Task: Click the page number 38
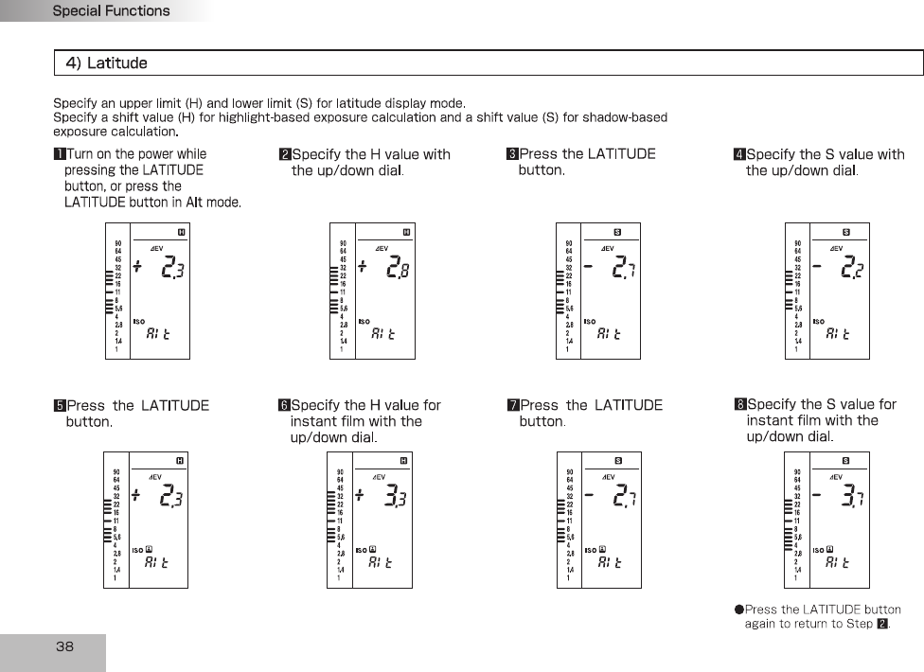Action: (64, 647)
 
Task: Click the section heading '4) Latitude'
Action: (106, 63)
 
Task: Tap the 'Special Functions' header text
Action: (111, 11)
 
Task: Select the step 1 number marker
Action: (59, 154)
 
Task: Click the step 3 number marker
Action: (512, 154)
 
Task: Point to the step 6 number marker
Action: (284, 405)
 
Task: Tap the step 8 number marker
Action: (740, 405)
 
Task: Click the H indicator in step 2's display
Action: (405, 232)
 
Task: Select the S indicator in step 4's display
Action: (845, 232)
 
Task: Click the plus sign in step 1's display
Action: (137, 267)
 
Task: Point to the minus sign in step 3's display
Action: (589, 267)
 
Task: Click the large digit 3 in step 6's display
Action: (390, 496)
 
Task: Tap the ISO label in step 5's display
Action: (137, 549)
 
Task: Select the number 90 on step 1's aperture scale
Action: (116, 243)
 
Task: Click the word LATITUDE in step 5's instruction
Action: (174, 406)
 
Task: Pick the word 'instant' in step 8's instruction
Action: (771, 420)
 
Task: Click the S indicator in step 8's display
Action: (845, 461)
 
